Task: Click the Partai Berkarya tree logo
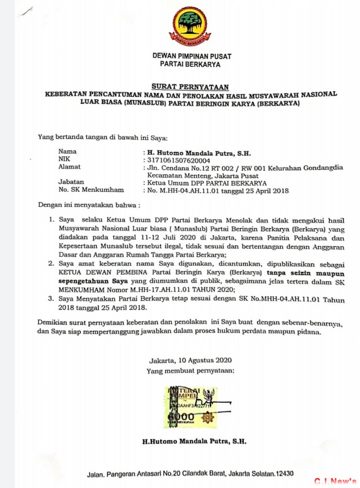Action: click(x=190, y=25)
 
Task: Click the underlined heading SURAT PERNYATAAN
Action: click(x=190, y=87)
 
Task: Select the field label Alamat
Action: click(x=69, y=167)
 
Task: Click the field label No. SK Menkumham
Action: click(x=91, y=190)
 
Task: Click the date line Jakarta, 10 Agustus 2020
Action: click(x=190, y=360)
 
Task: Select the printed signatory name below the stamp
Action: click(x=195, y=442)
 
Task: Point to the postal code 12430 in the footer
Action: click(x=283, y=474)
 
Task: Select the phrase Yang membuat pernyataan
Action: click(x=190, y=370)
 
